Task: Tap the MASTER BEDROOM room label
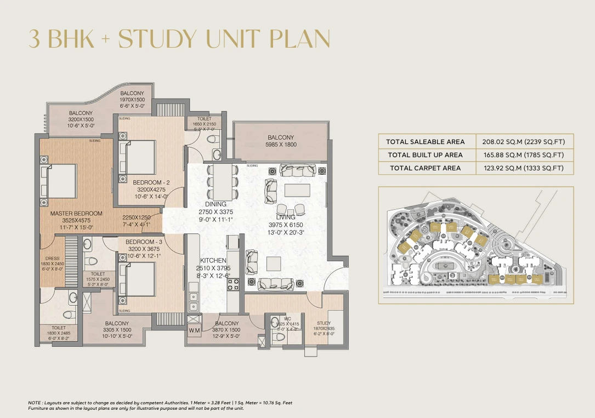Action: point(76,213)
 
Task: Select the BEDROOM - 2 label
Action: point(151,182)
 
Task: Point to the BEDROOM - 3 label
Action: point(144,242)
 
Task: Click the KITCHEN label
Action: point(213,260)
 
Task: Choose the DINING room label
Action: point(215,204)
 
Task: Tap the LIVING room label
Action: point(285,217)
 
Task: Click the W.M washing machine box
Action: point(194,330)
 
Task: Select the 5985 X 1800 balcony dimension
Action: point(281,145)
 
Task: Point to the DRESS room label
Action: point(53,258)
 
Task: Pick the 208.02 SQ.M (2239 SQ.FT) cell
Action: point(524,141)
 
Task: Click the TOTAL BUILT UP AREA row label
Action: point(425,155)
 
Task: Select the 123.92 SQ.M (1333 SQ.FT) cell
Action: point(524,168)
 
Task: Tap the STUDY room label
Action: point(324,324)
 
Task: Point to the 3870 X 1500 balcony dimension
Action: point(227,330)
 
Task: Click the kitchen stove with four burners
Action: point(233,284)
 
